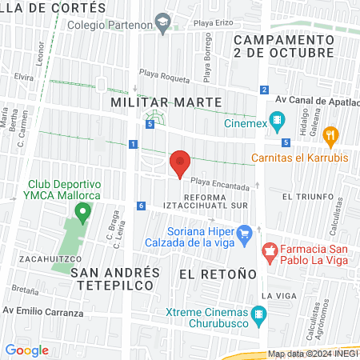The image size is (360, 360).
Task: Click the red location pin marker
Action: tap(180, 164)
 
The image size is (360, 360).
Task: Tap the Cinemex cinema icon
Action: tap(278, 122)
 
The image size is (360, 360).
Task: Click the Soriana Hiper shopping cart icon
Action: tap(246, 234)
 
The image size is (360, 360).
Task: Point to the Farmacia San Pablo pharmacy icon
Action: tap(270, 252)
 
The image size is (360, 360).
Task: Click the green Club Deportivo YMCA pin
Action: tap(82, 212)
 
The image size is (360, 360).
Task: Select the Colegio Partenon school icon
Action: tap(163, 22)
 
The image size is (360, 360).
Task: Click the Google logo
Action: tap(27, 350)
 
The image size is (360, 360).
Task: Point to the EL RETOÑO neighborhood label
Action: tap(218, 274)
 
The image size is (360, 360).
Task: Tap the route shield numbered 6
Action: tap(141, 206)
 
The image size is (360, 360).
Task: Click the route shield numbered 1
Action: tap(133, 144)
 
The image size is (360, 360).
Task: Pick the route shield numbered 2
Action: tap(264, 89)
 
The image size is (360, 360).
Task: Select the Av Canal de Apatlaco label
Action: tap(317, 101)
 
